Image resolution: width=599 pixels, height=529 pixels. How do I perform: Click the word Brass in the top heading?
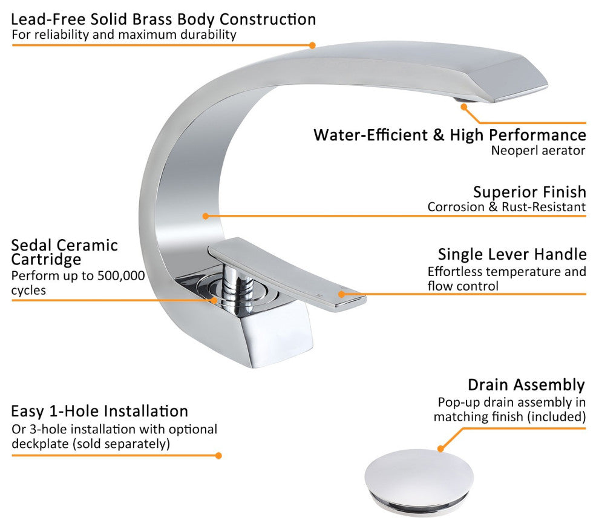[151, 19]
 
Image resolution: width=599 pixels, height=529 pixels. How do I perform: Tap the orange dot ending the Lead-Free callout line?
[312, 45]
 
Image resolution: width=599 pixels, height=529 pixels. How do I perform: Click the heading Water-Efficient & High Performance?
[450, 136]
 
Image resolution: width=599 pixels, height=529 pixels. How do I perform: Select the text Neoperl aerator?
[538, 151]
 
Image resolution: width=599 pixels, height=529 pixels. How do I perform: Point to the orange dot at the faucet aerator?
[464, 107]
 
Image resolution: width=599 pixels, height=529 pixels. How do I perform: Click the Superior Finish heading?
[529, 192]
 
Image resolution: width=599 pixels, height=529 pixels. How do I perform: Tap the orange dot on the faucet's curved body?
[206, 216]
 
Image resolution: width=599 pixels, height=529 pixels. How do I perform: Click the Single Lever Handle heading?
[512, 254]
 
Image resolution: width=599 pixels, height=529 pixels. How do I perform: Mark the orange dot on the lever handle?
[341, 294]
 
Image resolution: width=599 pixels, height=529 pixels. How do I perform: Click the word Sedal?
[31, 245]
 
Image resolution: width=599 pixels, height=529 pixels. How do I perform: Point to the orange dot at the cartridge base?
[214, 300]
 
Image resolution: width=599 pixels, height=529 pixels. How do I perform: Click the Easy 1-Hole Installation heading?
[99, 411]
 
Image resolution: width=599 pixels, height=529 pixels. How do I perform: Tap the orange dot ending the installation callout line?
[218, 456]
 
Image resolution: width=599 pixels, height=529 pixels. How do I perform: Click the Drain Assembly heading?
[526, 385]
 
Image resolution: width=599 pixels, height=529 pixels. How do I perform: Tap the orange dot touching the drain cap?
[440, 448]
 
